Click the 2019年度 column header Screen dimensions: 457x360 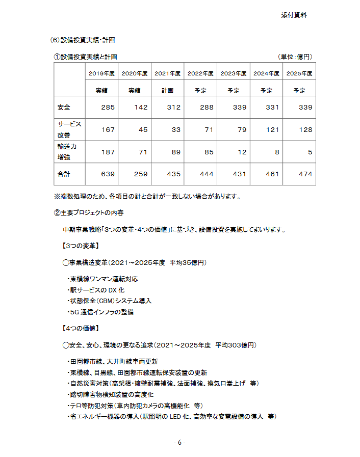101,74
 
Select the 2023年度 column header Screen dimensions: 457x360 233,74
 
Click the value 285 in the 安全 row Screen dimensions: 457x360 108,107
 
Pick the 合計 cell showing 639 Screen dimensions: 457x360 108,174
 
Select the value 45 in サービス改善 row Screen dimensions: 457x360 143,130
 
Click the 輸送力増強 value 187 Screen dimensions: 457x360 108,152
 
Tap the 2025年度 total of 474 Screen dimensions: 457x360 305,174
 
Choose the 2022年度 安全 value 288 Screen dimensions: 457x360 207,107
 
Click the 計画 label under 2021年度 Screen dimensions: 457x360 167,91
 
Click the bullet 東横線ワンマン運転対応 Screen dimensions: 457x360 102,279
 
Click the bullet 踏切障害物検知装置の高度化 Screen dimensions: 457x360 111,395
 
